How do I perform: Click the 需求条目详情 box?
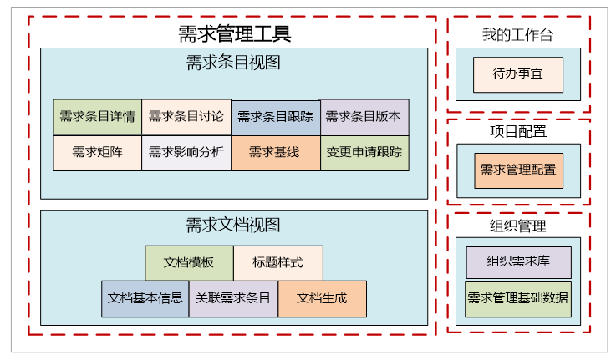click(x=97, y=117)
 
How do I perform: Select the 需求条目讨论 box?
click(x=186, y=117)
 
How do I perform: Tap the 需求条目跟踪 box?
click(x=276, y=117)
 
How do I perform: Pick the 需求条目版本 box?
click(x=364, y=117)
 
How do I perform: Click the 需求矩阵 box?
click(x=97, y=153)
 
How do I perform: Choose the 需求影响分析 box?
click(x=186, y=153)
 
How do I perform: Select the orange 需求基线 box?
click(x=276, y=153)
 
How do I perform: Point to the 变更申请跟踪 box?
click(x=364, y=153)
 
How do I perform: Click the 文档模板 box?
click(x=189, y=263)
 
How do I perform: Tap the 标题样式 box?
click(x=278, y=263)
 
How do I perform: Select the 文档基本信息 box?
click(x=145, y=298)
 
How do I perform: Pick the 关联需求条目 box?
click(x=233, y=298)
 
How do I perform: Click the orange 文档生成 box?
click(x=322, y=298)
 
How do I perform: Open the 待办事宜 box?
click(x=518, y=74)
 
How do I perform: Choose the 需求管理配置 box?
click(x=518, y=170)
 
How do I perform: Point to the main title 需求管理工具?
click(x=234, y=34)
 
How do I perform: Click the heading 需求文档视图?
click(x=233, y=226)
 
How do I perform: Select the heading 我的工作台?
click(x=517, y=35)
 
